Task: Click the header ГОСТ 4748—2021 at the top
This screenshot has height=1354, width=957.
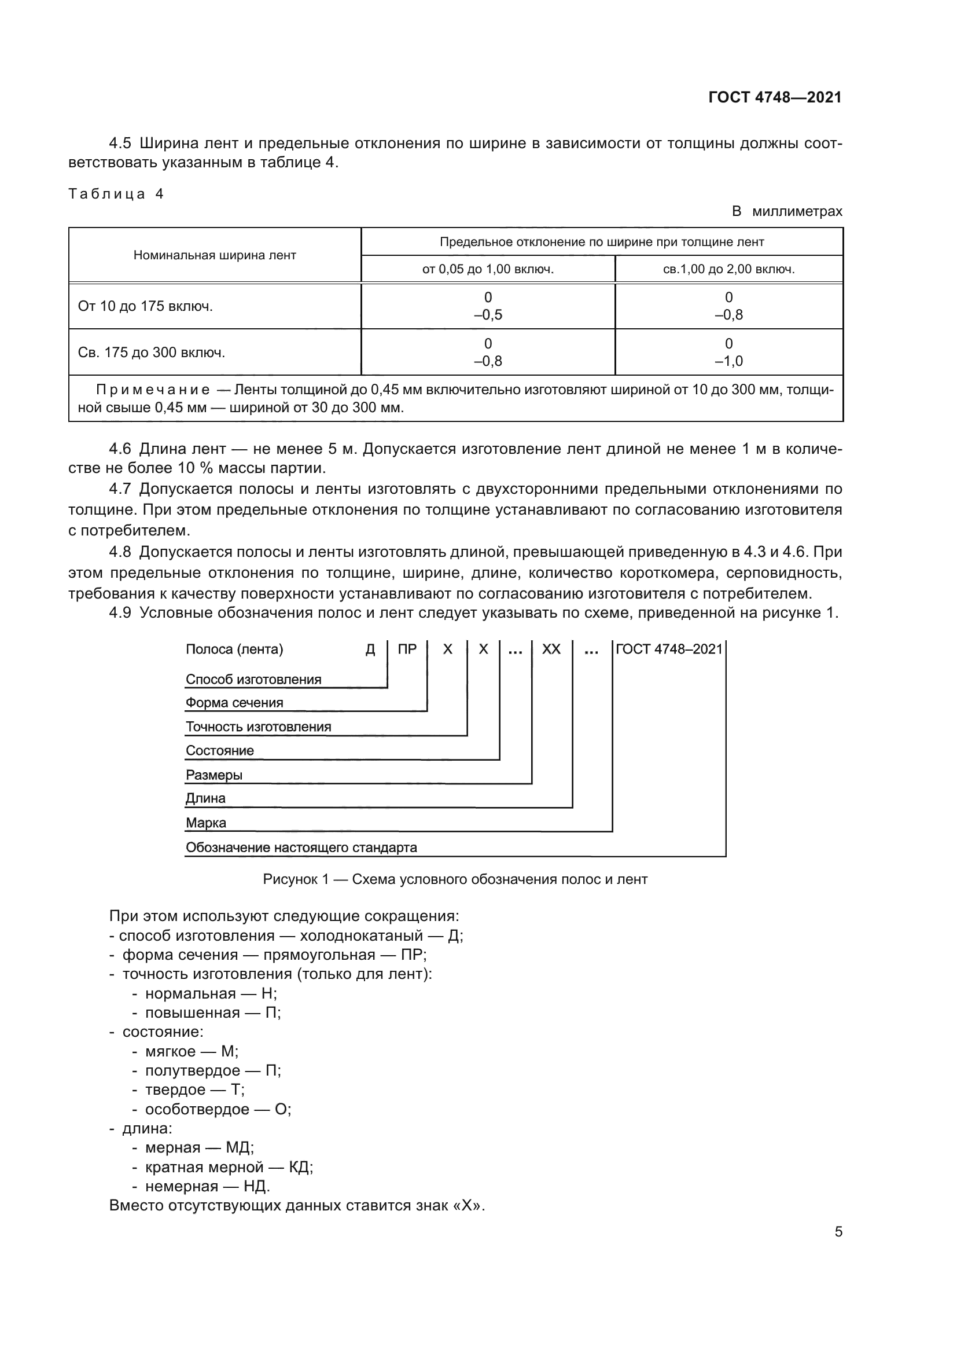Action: click(774, 98)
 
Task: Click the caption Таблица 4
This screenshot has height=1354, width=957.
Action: click(116, 194)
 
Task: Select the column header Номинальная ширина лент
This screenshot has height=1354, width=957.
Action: click(215, 255)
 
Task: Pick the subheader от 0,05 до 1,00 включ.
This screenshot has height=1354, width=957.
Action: click(487, 270)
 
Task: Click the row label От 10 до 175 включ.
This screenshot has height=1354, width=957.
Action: click(145, 307)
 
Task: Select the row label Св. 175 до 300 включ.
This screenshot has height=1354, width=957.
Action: click(152, 353)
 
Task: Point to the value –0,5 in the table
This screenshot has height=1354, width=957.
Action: click(488, 315)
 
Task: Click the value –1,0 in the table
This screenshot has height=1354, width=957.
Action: click(728, 361)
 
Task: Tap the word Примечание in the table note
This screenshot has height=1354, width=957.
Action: click(153, 390)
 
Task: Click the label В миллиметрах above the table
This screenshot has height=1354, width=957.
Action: click(787, 211)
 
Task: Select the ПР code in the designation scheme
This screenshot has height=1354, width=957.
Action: click(407, 650)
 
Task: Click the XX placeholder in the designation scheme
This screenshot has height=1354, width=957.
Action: click(551, 650)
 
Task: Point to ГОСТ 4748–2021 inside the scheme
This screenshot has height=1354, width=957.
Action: click(669, 650)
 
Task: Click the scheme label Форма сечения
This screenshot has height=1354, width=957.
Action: click(234, 703)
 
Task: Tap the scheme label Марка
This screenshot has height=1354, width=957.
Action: click(205, 823)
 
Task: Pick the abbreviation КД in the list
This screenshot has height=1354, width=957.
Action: click(300, 1167)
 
